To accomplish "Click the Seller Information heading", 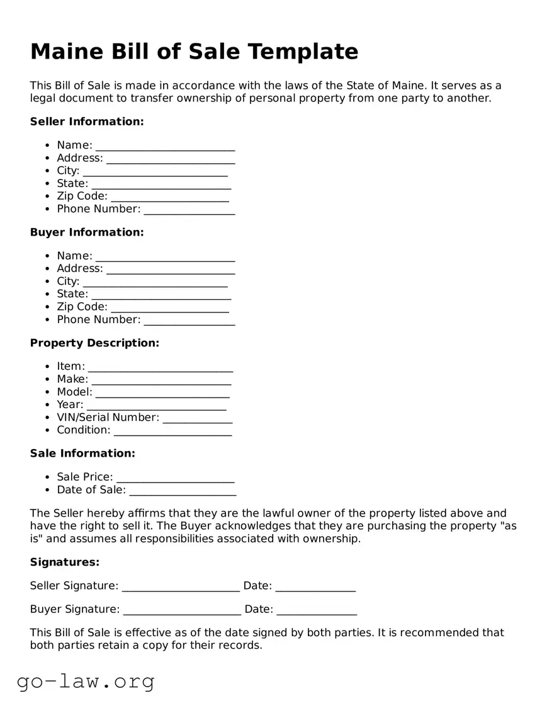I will click(87, 122).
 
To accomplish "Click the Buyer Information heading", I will click(87, 232).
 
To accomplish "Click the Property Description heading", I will click(94, 343).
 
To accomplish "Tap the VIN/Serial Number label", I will click(108, 418).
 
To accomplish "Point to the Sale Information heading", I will click(82, 454).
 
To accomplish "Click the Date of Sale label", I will click(91, 490).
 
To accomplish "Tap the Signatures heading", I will click(65, 562).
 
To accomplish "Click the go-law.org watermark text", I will click(86, 682).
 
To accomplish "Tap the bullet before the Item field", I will click(48, 367).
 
